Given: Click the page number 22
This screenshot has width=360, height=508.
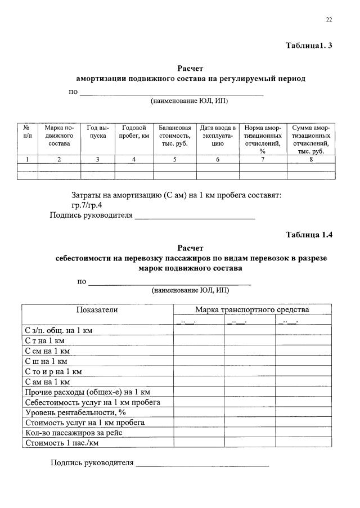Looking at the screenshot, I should pyautogui.click(x=329, y=20).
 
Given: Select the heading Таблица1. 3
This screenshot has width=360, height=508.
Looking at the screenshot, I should pyautogui.click(x=309, y=45).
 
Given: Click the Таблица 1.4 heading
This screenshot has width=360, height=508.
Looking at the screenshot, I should pyautogui.click(x=309, y=235).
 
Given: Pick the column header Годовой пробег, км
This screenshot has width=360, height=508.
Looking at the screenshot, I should pyautogui.click(x=134, y=132).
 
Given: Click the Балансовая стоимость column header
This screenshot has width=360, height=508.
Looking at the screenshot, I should pyautogui.click(x=174, y=136).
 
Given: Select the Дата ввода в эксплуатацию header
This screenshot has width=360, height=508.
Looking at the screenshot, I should pyautogui.click(x=217, y=136).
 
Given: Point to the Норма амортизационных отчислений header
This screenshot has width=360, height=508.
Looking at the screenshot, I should pyautogui.click(x=262, y=139).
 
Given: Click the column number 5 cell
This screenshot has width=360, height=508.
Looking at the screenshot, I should pyautogui.click(x=174, y=160).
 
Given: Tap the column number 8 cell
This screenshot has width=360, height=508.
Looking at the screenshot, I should pyautogui.click(x=310, y=160).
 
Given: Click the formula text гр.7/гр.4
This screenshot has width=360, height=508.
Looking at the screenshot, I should pyautogui.click(x=87, y=205).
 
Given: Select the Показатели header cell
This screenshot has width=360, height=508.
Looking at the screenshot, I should pyautogui.click(x=97, y=309).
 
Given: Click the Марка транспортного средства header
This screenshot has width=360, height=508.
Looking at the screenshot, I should pyautogui.click(x=251, y=309).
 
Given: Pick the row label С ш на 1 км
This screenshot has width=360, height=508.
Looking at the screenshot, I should pyautogui.click(x=47, y=361).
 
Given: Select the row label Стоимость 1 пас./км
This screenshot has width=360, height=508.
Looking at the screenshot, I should pyautogui.click(x=57, y=443).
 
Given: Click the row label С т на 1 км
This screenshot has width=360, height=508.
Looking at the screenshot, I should pyautogui.click(x=46, y=341).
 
